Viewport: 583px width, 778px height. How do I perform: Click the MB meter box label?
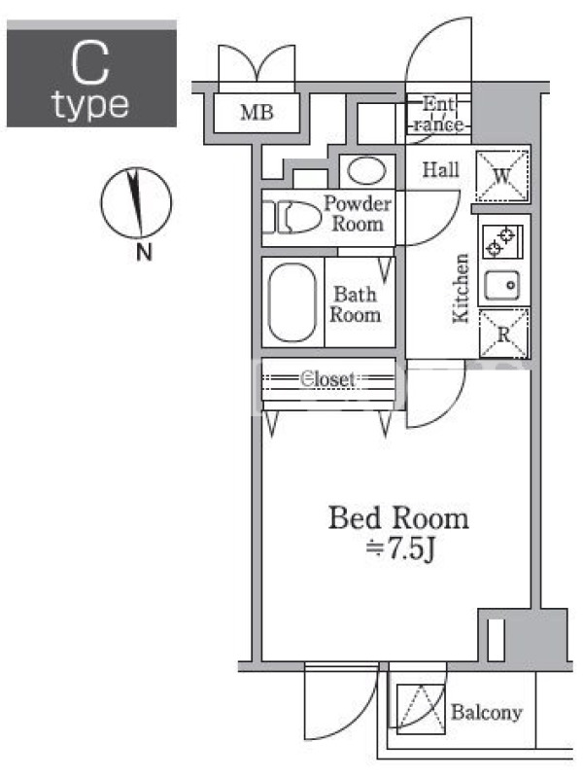257,112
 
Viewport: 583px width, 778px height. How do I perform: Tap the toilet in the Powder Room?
292,217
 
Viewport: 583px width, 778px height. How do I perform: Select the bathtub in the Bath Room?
292,302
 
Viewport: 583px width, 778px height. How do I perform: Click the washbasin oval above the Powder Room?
367,171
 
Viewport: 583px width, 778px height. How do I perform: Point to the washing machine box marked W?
501,175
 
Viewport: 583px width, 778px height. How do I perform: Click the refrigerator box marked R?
503,334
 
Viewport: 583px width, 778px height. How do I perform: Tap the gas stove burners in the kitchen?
499,241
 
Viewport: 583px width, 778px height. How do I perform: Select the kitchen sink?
501,285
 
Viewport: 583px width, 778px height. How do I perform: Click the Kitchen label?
461,288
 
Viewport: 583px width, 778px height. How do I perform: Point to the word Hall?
441,170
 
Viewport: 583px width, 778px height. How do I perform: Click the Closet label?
327,379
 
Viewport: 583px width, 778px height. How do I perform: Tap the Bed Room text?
398,518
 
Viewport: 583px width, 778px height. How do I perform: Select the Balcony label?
487,713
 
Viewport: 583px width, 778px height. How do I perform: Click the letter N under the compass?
144,253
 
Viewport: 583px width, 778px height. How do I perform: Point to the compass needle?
135,202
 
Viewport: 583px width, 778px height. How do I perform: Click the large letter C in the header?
89,63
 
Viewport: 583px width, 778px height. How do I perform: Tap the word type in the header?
90,106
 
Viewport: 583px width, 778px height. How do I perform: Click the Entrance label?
438,114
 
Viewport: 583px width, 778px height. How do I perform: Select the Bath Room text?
356,304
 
